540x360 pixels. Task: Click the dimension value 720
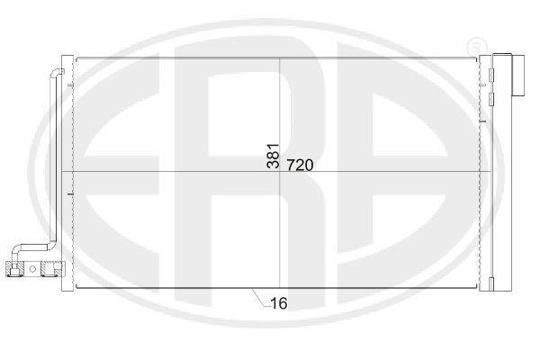(x=300, y=166)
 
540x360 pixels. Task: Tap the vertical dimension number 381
(x=273, y=156)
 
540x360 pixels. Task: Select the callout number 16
(x=279, y=303)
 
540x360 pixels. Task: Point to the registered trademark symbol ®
(x=477, y=46)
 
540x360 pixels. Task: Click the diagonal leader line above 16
(x=258, y=298)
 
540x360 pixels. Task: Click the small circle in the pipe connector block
(x=32, y=269)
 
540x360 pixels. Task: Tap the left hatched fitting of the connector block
(x=14, y=269)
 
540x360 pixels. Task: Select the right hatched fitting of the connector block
(x=53, y=269)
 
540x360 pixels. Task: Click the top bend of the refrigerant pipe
(x=57, y=72)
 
